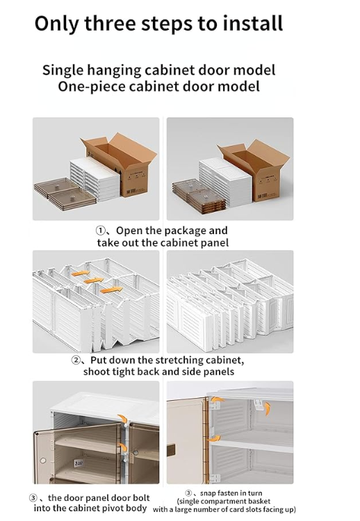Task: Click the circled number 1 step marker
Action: click(101, 231)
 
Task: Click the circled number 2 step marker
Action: click(76, 361)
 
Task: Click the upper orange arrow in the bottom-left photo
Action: click(123, 419)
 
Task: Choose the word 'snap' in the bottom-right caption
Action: click(208, 493)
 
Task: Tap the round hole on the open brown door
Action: click(42, 460)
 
